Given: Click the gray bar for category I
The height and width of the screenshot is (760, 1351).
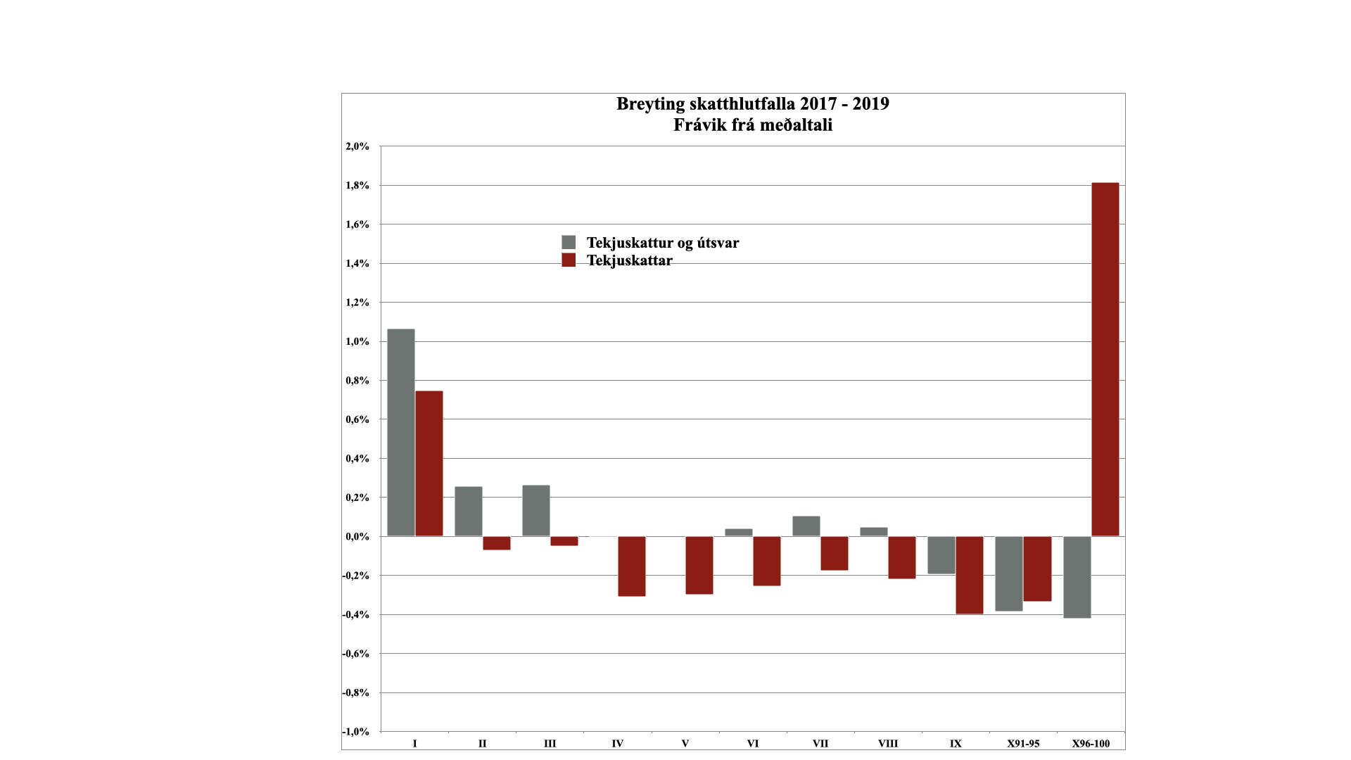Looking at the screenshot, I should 401,433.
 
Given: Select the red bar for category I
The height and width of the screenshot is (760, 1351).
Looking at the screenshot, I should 429,464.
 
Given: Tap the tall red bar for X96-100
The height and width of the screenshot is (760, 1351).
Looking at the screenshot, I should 1105,360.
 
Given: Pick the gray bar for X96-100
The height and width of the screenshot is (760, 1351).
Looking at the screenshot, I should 1077,577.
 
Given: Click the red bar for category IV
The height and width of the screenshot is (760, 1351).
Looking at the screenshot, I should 632,566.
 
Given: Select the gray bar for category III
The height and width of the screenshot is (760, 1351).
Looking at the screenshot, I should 536,511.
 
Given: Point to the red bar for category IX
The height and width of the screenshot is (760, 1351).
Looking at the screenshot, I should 970,575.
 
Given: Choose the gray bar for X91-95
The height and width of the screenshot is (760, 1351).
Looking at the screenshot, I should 1009,574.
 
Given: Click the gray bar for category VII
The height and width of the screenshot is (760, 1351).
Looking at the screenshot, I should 806,526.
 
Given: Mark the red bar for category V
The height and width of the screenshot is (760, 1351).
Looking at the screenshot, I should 699,565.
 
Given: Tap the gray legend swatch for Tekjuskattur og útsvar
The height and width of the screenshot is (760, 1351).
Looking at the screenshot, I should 569,243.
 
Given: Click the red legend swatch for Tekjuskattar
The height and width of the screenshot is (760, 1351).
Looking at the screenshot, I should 569,260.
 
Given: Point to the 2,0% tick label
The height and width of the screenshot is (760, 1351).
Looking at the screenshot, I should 357,146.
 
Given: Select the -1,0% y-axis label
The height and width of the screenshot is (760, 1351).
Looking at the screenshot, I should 356,732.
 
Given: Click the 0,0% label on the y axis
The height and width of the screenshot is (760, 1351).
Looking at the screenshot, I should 357,537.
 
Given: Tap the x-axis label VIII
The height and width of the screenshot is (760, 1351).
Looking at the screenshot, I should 888,744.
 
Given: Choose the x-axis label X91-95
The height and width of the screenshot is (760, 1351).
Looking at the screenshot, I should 1023,744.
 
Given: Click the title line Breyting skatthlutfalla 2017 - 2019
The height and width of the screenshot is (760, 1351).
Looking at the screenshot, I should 753,104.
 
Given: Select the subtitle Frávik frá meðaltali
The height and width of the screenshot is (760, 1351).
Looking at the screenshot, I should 753,125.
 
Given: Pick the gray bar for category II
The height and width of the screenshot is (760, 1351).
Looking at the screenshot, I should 469,512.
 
